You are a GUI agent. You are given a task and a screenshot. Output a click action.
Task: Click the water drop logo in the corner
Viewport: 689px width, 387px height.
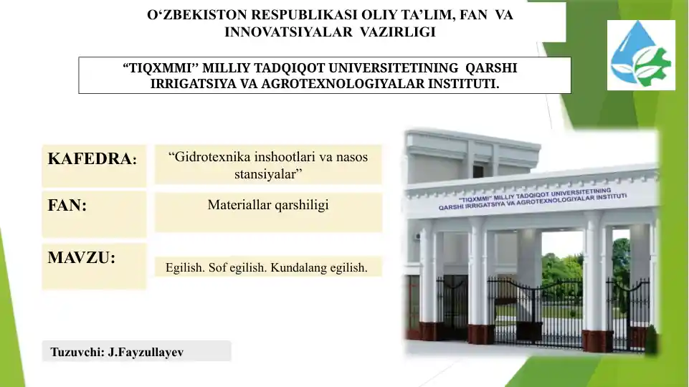[x=640, y=55]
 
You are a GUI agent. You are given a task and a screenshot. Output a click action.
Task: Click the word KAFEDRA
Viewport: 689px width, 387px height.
[x=90, y=159]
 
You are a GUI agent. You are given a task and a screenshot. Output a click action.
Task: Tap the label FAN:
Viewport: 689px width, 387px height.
[x=67, y=206]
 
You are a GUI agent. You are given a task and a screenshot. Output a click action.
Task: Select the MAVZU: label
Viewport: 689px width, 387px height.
[x=81, y=257]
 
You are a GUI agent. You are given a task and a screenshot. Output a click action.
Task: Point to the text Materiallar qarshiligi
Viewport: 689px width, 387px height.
[x=268, y=205]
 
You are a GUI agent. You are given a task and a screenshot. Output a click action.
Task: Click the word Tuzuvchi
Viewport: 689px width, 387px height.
[x=77, y=353]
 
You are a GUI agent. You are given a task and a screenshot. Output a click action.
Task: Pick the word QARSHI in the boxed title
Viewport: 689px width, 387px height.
[x=491, y=68]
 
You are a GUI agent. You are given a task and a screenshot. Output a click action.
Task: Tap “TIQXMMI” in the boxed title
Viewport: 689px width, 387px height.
[x=161, y=68]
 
